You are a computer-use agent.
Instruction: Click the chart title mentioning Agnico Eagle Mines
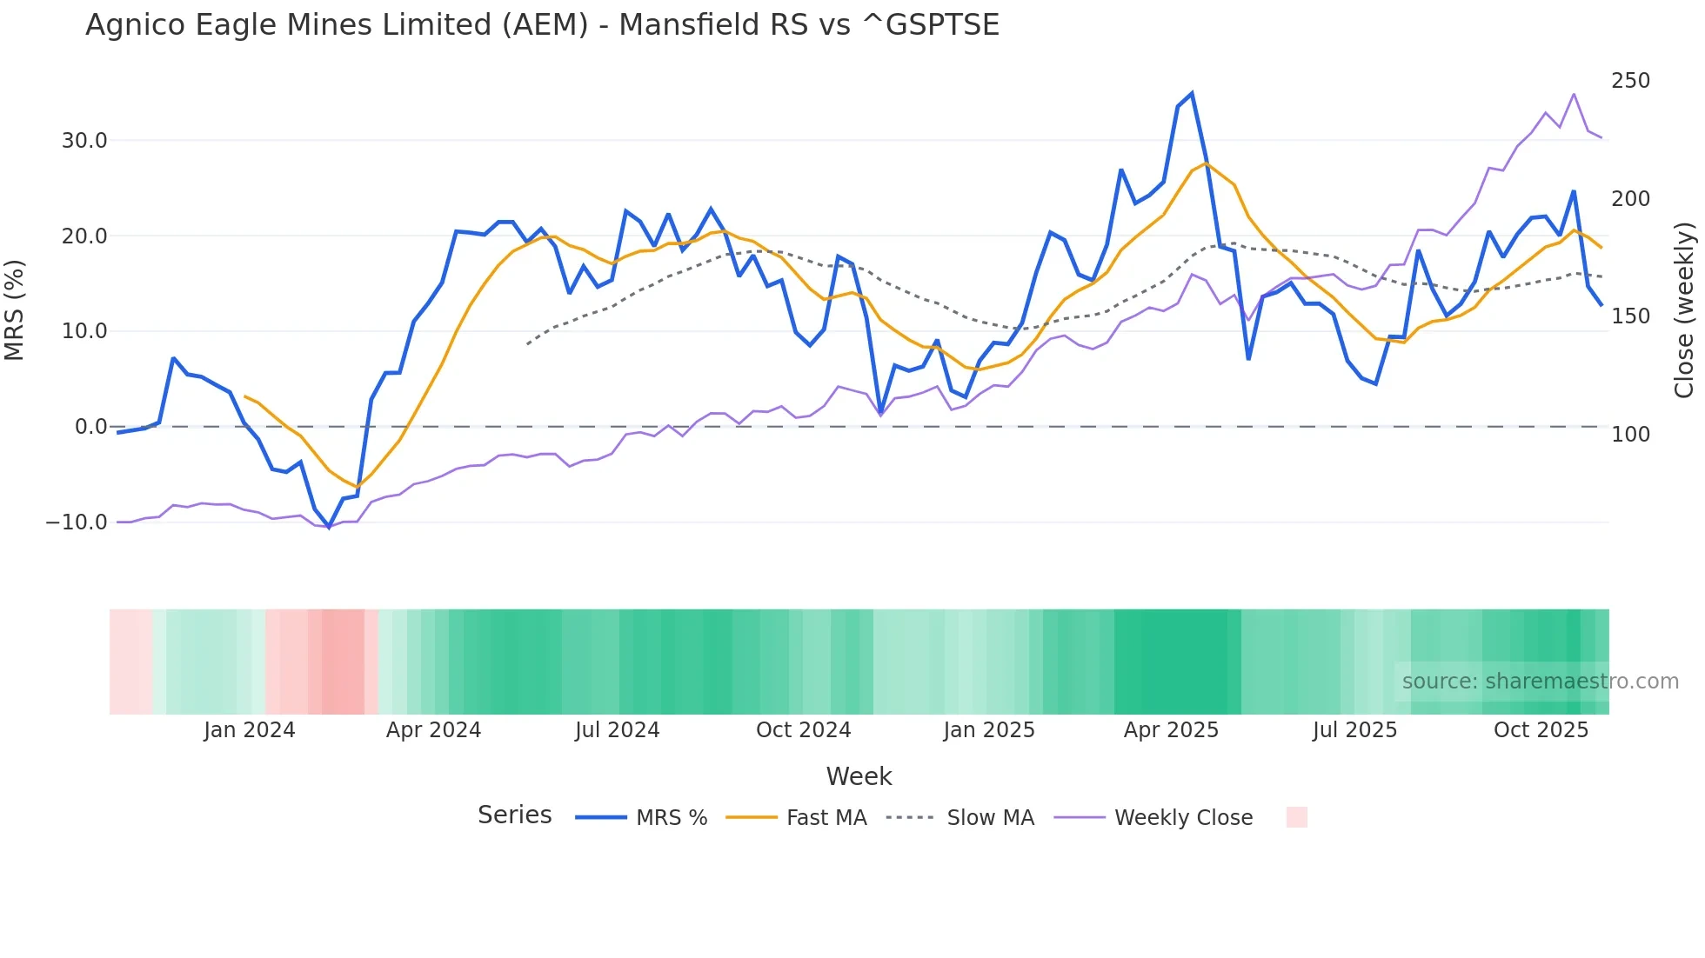[x=542, y=24]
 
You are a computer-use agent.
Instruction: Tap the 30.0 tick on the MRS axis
[x=84, y=140]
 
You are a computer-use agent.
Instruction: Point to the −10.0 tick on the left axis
[x=77, y=522]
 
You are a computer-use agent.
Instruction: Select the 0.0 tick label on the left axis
[x=90, y=426]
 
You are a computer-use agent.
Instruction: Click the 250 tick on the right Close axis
[x=1630, y=81]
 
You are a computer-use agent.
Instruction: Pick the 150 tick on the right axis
[x=1630, y=316]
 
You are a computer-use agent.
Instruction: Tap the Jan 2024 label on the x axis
[x=250, y=729]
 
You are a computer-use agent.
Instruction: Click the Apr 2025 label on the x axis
[x=1171, y=729]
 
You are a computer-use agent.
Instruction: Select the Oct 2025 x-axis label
[x=1541, y=729]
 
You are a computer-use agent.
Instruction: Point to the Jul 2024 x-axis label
[x=617, y=729]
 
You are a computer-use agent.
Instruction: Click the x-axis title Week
[x=859, y=776]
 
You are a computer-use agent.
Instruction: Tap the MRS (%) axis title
[x=15, y=309]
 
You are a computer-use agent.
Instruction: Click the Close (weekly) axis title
[x=1684, y=309]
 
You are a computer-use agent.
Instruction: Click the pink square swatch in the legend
[x=1296, y=817]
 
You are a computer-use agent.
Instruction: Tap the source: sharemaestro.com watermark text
[x=1540, y=681]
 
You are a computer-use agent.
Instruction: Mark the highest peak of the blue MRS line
[x=1191, y=93]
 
